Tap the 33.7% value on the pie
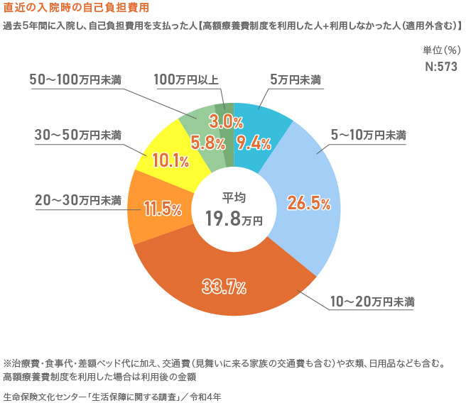pyautogui.click(x=223, y=287)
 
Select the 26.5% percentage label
pyautogui.click(x=308, y=204)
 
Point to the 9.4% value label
pyautogui.click(x=254, y=143)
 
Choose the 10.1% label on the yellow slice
pyautogui.click(x=170, y=160)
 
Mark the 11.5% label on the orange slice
pyautogui.click(x=162, y=209)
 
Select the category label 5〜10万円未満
pyautogui.click(x=369, y=135)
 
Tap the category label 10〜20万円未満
pyautogui.click(x=372, y=302)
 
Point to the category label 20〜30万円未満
pyautogui.click(x=78, y=201)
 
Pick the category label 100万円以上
pyautogui.click(x=187, y=79)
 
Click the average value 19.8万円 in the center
pyautogui.click(x=234, y=219)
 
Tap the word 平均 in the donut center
pyautogui.click(x=234, y=197)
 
